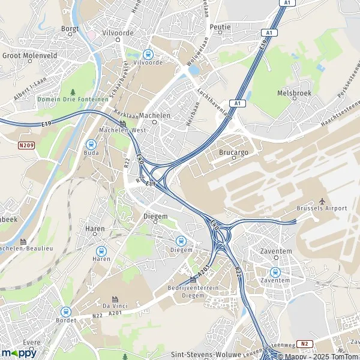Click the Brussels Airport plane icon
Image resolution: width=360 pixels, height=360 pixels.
[322, 200]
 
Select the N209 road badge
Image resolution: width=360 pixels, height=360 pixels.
[26, 145]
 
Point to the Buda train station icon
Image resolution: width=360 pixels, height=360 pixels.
[91, 144]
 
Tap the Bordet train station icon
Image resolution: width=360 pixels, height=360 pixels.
[65, 311]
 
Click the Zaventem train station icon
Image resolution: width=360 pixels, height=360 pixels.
[275, 271]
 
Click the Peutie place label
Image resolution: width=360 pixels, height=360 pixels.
[220, 27]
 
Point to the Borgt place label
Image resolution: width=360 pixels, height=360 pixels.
[70, 28]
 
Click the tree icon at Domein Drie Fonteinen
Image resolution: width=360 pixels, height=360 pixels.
[73, 91]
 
